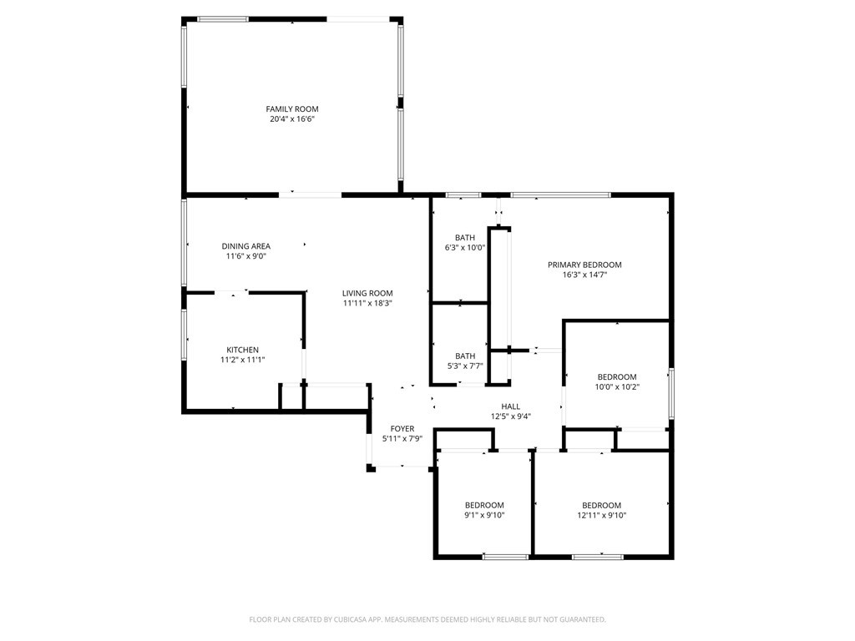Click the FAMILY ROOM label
(x=291, y=109)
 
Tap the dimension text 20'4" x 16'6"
(x=292, y=119)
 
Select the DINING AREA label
(x=246, y=246)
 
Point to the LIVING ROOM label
(x=367, y=293)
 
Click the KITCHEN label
(x=243, y=350)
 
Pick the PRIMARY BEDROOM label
(x=584, y=265)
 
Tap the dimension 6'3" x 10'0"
(x=465, y=247)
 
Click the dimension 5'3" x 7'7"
(x=465, y=366)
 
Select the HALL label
(x=511, y=406)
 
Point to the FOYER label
(x=402, y=429)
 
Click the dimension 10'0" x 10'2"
(x=617, y=387)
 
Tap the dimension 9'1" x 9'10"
(x=485, y=515)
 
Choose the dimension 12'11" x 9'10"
(x=602, y=515)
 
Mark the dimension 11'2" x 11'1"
(x=243, y=360)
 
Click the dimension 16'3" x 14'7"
(x=584, y=275)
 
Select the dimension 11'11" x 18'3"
(x=367, y=303)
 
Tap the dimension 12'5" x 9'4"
(x=511, y=416)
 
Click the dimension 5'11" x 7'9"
(x=402, y=439)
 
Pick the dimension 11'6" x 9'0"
(x=246, y=256)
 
